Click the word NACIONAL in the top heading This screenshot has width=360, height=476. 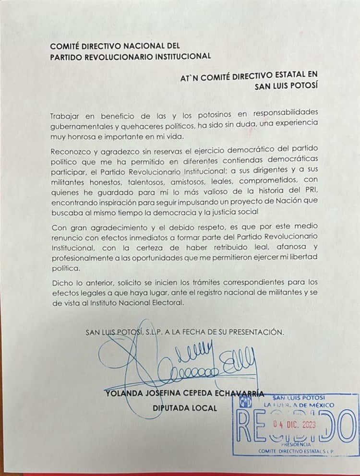(146, 46)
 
